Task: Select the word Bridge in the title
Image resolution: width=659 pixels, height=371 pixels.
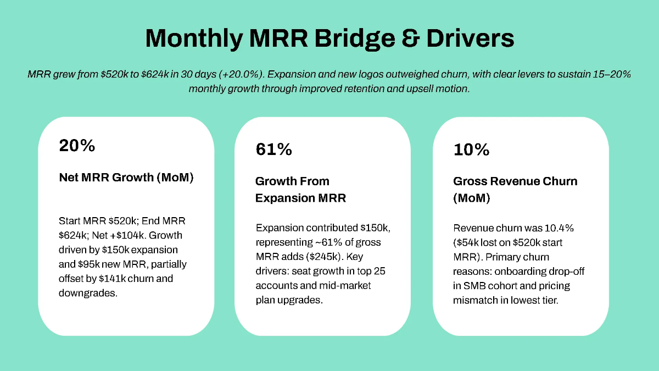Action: tap(344, 39)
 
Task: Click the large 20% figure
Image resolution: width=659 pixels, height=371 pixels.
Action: tap(77, 146)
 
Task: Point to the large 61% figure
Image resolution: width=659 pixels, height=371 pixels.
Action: tap(273, 149)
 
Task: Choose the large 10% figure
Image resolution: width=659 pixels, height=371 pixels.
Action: tap(471, 149)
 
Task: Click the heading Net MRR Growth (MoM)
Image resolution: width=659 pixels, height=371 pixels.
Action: tap(126, 178)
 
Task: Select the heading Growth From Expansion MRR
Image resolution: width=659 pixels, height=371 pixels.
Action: tap(300, 189)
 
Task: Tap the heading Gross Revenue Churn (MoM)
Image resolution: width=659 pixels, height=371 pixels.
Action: tap(515, 189)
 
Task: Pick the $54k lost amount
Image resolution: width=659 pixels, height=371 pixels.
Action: tap(467, 242)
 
